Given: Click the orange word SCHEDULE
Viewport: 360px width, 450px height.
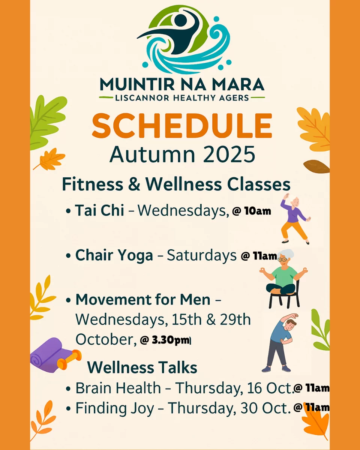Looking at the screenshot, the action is click(182, 126).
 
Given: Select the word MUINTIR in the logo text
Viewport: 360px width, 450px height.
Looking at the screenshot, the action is click(137, 84).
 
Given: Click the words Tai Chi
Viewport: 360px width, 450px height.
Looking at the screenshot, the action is click(100, 210).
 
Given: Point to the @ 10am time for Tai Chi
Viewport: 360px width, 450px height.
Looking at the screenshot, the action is click(252, 211).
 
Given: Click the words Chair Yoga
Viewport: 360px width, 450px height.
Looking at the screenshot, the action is click(114, 255).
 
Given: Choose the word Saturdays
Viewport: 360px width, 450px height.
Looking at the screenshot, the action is click(202, 255).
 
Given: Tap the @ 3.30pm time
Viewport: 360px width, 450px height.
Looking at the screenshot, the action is click(165, 340).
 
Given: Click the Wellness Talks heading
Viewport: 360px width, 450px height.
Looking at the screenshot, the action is click(142, 367).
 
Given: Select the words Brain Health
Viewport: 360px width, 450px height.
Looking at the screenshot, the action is click(118, 388).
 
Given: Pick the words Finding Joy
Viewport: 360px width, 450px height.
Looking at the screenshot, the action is click(115, 408).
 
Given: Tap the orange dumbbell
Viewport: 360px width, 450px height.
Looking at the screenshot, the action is click(69, 359).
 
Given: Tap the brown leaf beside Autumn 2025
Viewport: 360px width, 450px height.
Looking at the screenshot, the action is click(316, 166).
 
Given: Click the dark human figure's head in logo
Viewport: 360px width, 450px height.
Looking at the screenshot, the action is click(180, 20).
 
